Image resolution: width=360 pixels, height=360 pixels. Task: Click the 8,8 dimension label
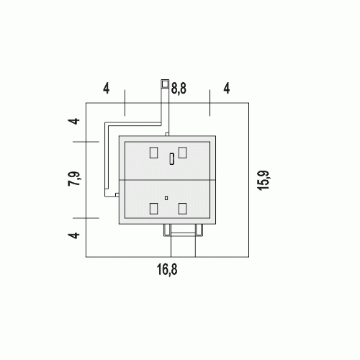(x=179, y=89)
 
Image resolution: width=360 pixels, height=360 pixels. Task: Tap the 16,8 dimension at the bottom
(x=167, y=269)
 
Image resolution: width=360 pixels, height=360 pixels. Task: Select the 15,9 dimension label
(x=264, y=181)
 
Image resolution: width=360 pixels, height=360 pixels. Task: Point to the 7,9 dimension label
(x=74, y=179)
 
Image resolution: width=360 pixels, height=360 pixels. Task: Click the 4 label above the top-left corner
(x=107, y=89)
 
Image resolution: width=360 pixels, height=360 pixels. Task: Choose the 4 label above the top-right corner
(x=227, y=88)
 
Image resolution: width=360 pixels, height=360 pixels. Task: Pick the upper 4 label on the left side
(x=74, y=121)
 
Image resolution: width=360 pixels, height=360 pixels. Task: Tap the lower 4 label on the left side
(x=74, y=235)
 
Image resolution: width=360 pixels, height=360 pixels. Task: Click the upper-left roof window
(x=153, y=153)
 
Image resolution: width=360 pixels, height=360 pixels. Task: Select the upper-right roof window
(x=182, y=153)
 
